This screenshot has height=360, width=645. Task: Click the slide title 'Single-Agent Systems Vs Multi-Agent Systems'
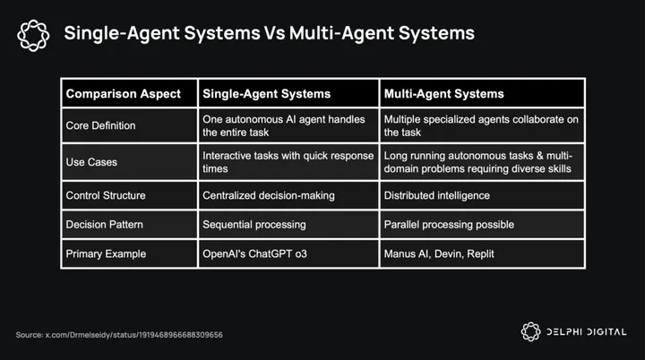269,35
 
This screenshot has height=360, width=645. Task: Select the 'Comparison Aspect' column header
124,93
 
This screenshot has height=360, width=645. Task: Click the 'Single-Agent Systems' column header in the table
267,93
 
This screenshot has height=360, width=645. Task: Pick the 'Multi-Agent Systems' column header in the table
443,93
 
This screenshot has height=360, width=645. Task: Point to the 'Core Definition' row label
101,125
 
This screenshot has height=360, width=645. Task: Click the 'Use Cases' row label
91,162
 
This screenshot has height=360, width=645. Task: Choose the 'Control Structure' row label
106,194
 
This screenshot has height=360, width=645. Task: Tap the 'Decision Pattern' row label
106,224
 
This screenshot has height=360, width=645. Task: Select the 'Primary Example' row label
105,253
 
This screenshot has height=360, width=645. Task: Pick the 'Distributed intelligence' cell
438,194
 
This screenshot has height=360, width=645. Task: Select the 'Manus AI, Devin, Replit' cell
439,253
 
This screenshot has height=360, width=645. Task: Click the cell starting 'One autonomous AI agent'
285,125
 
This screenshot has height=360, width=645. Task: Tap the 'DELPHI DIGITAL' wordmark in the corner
586,332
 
